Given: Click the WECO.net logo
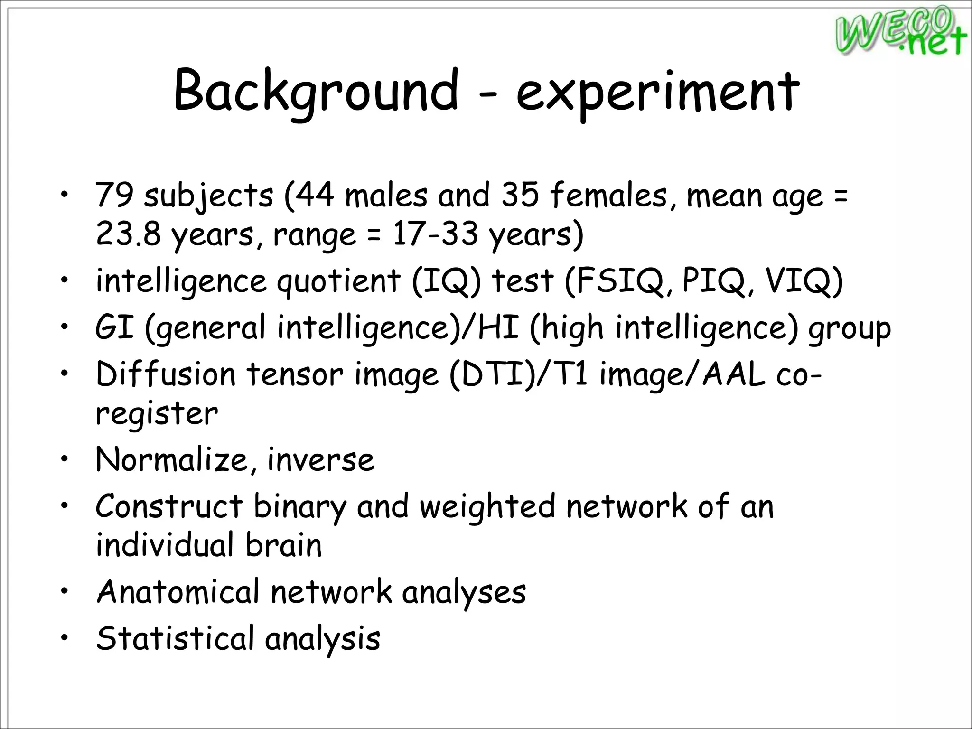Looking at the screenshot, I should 900,31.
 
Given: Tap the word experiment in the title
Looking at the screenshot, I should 658,93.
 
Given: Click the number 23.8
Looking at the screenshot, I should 128,234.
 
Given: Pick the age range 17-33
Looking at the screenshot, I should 435,234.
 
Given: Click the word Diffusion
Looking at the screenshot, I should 166,374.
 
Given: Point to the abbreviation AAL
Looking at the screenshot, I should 734,374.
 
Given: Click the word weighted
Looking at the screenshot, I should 487,507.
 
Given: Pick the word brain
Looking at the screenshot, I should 284,545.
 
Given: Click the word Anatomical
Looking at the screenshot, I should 178,592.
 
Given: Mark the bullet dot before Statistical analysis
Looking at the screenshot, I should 65,636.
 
